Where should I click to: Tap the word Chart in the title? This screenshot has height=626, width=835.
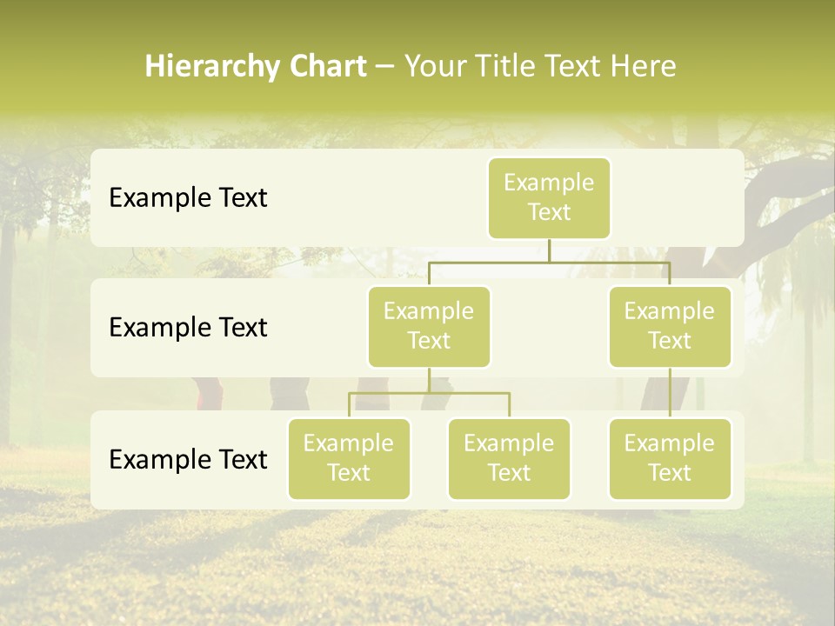pyautogui.click(x=324, y=67)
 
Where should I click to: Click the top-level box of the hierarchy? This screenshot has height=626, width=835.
pyautogui.click(x=549, y=198)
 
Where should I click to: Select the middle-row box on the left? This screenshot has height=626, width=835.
pyautogui.click(x=429, y=326)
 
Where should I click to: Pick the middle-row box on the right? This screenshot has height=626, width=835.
pyautogui.click(x=670, y=326)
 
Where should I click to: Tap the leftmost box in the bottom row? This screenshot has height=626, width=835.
pyautogui.click(x=349, y=458)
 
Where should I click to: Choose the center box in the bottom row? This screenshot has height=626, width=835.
pyautogui.click(x=509, y=458)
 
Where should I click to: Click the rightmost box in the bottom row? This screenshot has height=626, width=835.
pyautogui.click(x=670, y=458)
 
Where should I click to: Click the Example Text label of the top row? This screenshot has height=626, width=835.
pyautogui.click(x=188, y=198)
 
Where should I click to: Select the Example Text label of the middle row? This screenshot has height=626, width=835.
pyautogui.click(x=188, y=328)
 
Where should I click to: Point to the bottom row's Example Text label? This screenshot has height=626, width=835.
pyautogui.click(x=188, y=459)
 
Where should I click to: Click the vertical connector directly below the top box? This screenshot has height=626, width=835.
pyautogui.click(x=549, y=250)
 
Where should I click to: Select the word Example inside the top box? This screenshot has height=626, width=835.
pyautogui.click(x=549, y=183)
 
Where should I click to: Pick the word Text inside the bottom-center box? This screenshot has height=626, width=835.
pyautogui.click(x=509, y=473)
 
